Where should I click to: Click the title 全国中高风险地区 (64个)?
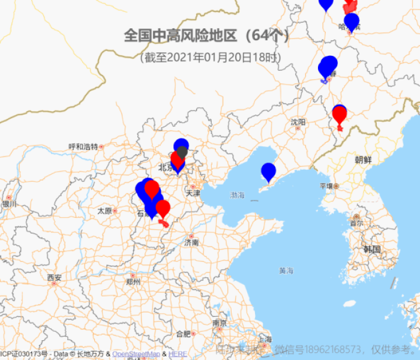pyautogui.click(x=206, y=35)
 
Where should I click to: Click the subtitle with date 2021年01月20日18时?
pyautogui.click(x=209, y=58)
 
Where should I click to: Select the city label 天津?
pyautogui.click(x=193, y=193)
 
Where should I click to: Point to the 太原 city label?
pyautogui.click(x=104, y=211)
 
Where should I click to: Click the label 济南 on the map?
pyautogui.click(x=191, y=242)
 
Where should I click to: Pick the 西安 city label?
pyautogui.click(x=54, y=277)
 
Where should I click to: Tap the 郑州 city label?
pyautogui.click(x=133, y=281)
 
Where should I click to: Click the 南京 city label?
pyautogui.click(x=219, y=323)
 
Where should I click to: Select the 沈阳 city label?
pyautogui.click(x=298, y=122)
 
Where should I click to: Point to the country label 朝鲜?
pyautogui.click(x=364, y=160)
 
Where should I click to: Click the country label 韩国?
pyautogui.click(x=372, y=249)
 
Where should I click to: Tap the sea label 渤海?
pyautogui.click(x=237, y=195)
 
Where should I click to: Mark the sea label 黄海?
pyautogui.click(x=286, y=271)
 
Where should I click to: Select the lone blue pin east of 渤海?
pyautogui.click(x=268, y=172)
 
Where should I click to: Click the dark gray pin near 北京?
pyautogui.click(x=182, y=152)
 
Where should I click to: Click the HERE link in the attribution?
pyautogui.click(x=178, y=354)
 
